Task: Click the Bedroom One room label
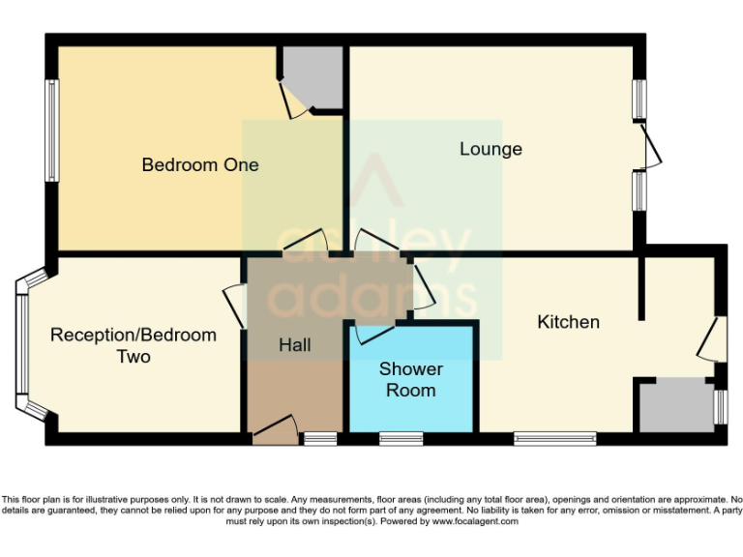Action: (200, 164)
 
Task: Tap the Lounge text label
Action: (490, 149)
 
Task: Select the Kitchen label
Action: (568, 322)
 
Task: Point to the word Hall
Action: (294, 345)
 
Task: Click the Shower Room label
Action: (411, 380)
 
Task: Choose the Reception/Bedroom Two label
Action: (134, 346)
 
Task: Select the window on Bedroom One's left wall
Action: (52, 130)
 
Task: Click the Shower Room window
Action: (401, 439)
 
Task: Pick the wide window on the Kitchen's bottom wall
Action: (555, 439)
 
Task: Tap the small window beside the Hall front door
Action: (320, 439)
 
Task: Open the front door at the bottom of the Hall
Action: (275, 430)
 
